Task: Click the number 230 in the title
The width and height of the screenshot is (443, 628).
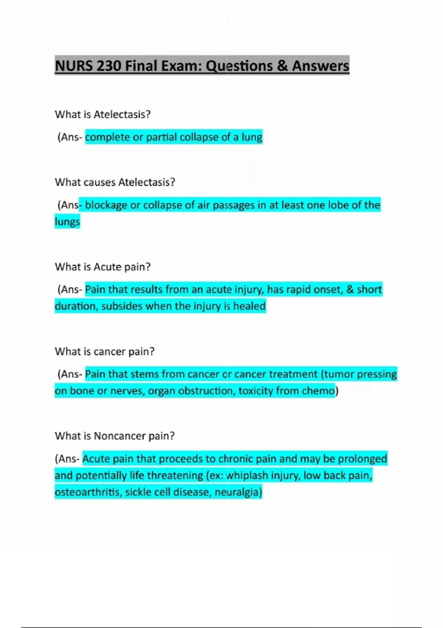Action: point(109,66)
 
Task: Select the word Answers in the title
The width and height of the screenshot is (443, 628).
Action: point(320,66)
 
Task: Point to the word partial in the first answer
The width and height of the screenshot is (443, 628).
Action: point(160,137)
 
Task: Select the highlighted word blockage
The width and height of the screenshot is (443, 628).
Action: point(106,205)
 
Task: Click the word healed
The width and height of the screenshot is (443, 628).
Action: point(249,306)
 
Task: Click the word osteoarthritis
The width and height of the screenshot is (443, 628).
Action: point(88,492)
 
